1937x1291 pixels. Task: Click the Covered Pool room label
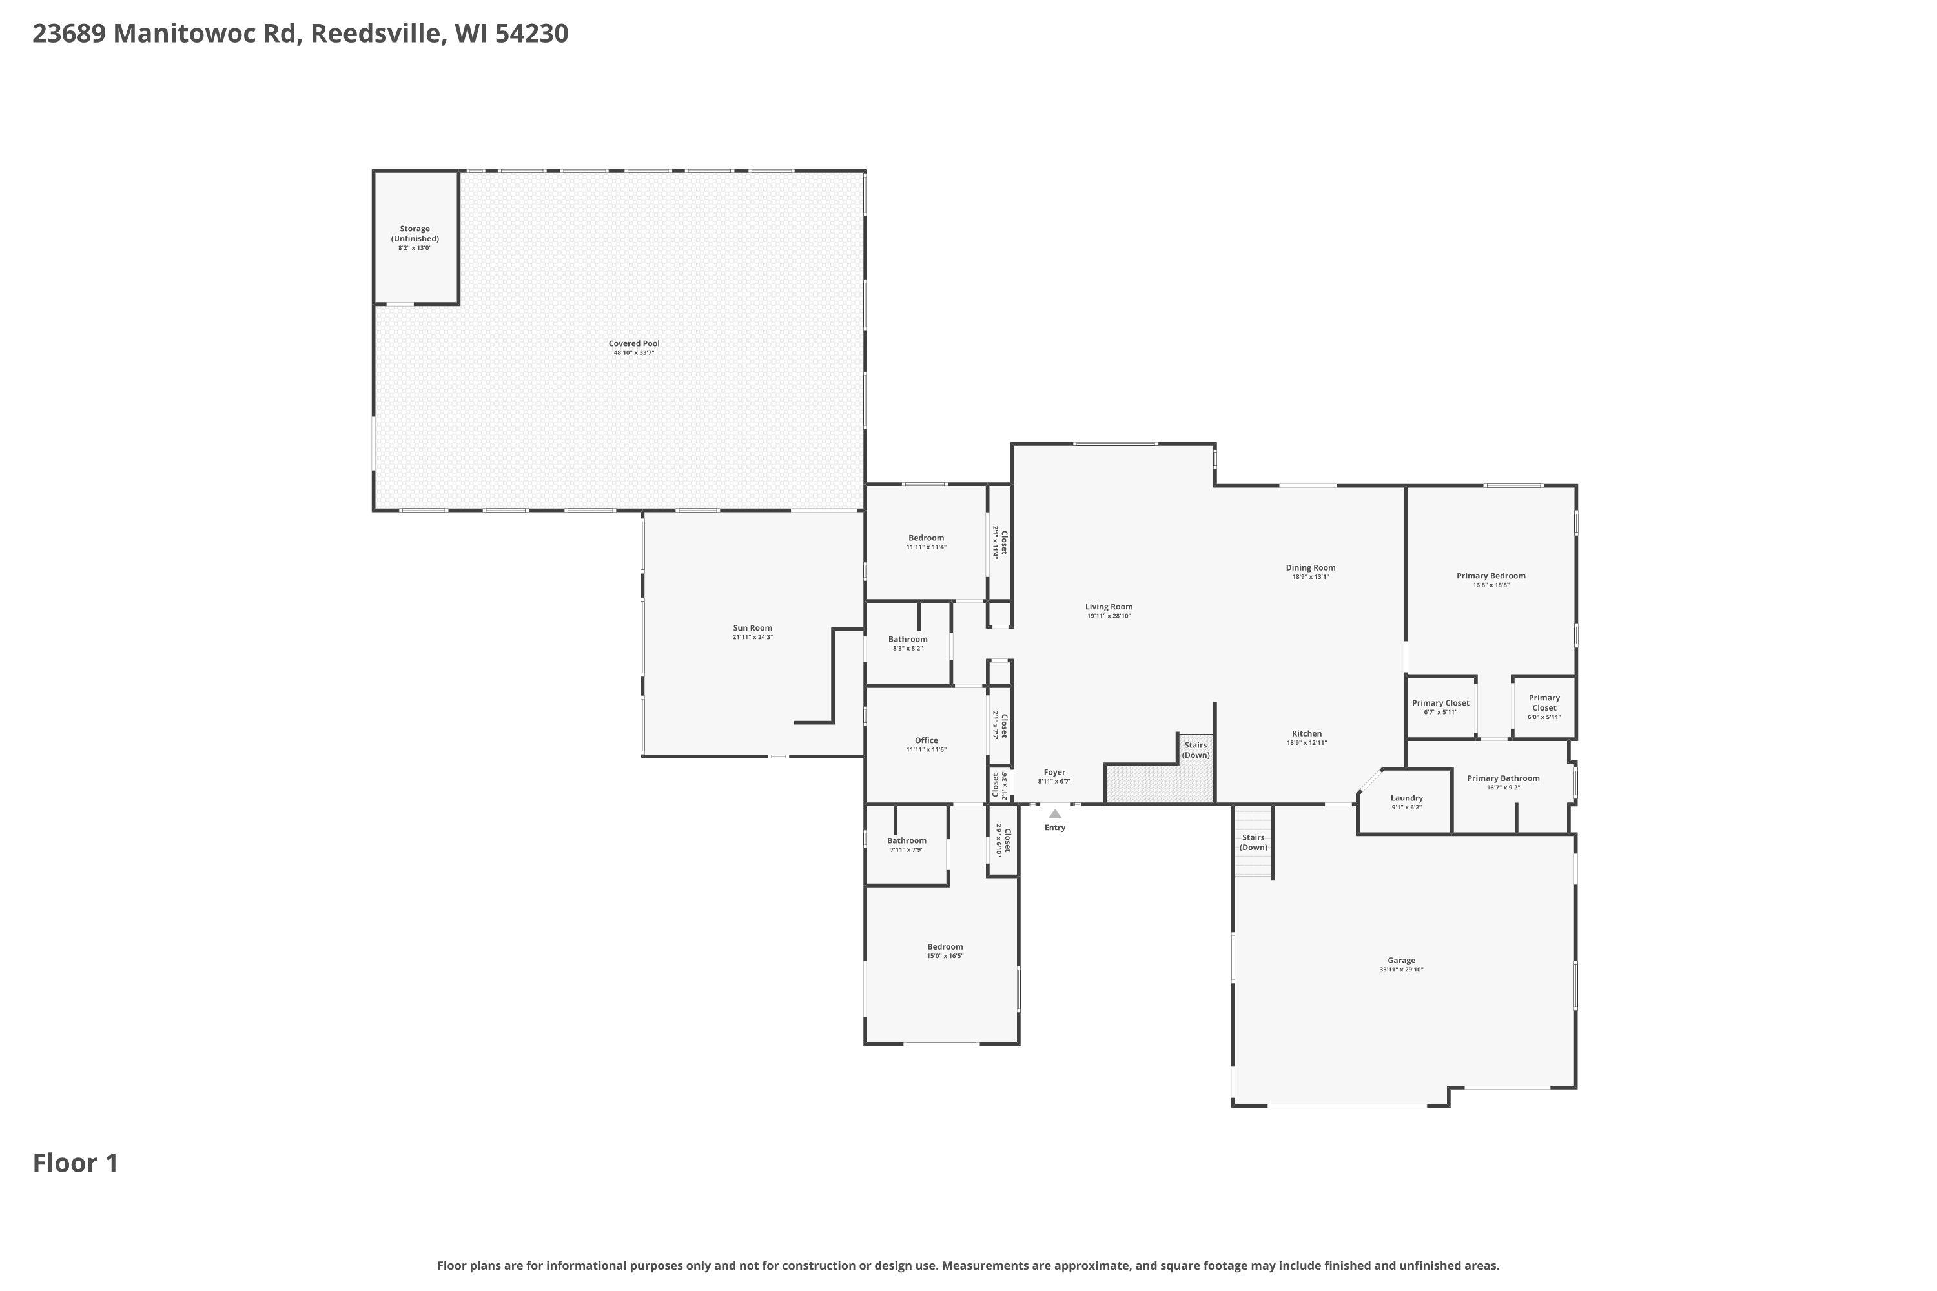(x=634, y=343)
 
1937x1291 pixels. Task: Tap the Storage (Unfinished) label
(x=415, y=234)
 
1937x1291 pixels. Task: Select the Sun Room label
(x=753, y=628)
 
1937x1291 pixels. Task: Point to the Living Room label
(x=1109, y=607)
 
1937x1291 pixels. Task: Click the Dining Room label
(x=1310, y=567)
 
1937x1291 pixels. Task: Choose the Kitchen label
(x=1306, y=733)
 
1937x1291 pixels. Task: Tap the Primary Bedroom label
(x=1491, y=576)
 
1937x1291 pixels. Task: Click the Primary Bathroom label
(x=1503, y=778)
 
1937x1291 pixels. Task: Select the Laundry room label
(x=1407, y=798)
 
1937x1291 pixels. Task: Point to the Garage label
(x=1401, y=960)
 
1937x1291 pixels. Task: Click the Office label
(x=927, y=740)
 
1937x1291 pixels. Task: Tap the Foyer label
(x=1054, y=772)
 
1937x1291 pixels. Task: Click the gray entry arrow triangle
(x=1055, y=813)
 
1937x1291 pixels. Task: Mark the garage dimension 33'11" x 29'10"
(x=1401, y=970)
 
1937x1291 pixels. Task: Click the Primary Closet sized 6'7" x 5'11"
(x=1440, y=706)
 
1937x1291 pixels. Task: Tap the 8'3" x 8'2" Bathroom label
(x=908, y=643)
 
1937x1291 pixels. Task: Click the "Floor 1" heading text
(x=76, y=1163)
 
